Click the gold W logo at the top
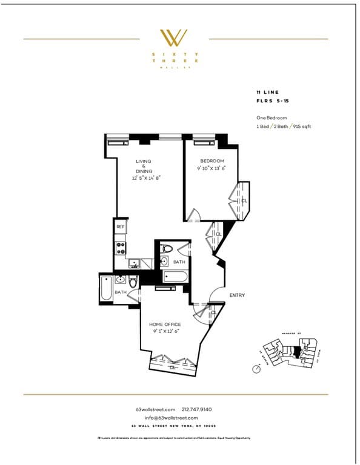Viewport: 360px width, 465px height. tap(173, 38)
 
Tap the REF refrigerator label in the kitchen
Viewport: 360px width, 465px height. tap(120, 226)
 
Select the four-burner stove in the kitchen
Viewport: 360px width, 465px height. tap(121, 247)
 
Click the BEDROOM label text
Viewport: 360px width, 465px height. tap(210, 161)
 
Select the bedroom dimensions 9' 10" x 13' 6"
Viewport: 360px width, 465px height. tap(210, 170)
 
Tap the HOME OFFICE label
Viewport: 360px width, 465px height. tap(165, 325)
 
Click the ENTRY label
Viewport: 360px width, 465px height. tap(237, 295)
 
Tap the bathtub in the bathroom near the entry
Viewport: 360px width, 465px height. tap(175, 277)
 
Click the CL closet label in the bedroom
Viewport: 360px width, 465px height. tap(244, 200)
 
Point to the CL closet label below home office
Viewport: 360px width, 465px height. tap(173, 366)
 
